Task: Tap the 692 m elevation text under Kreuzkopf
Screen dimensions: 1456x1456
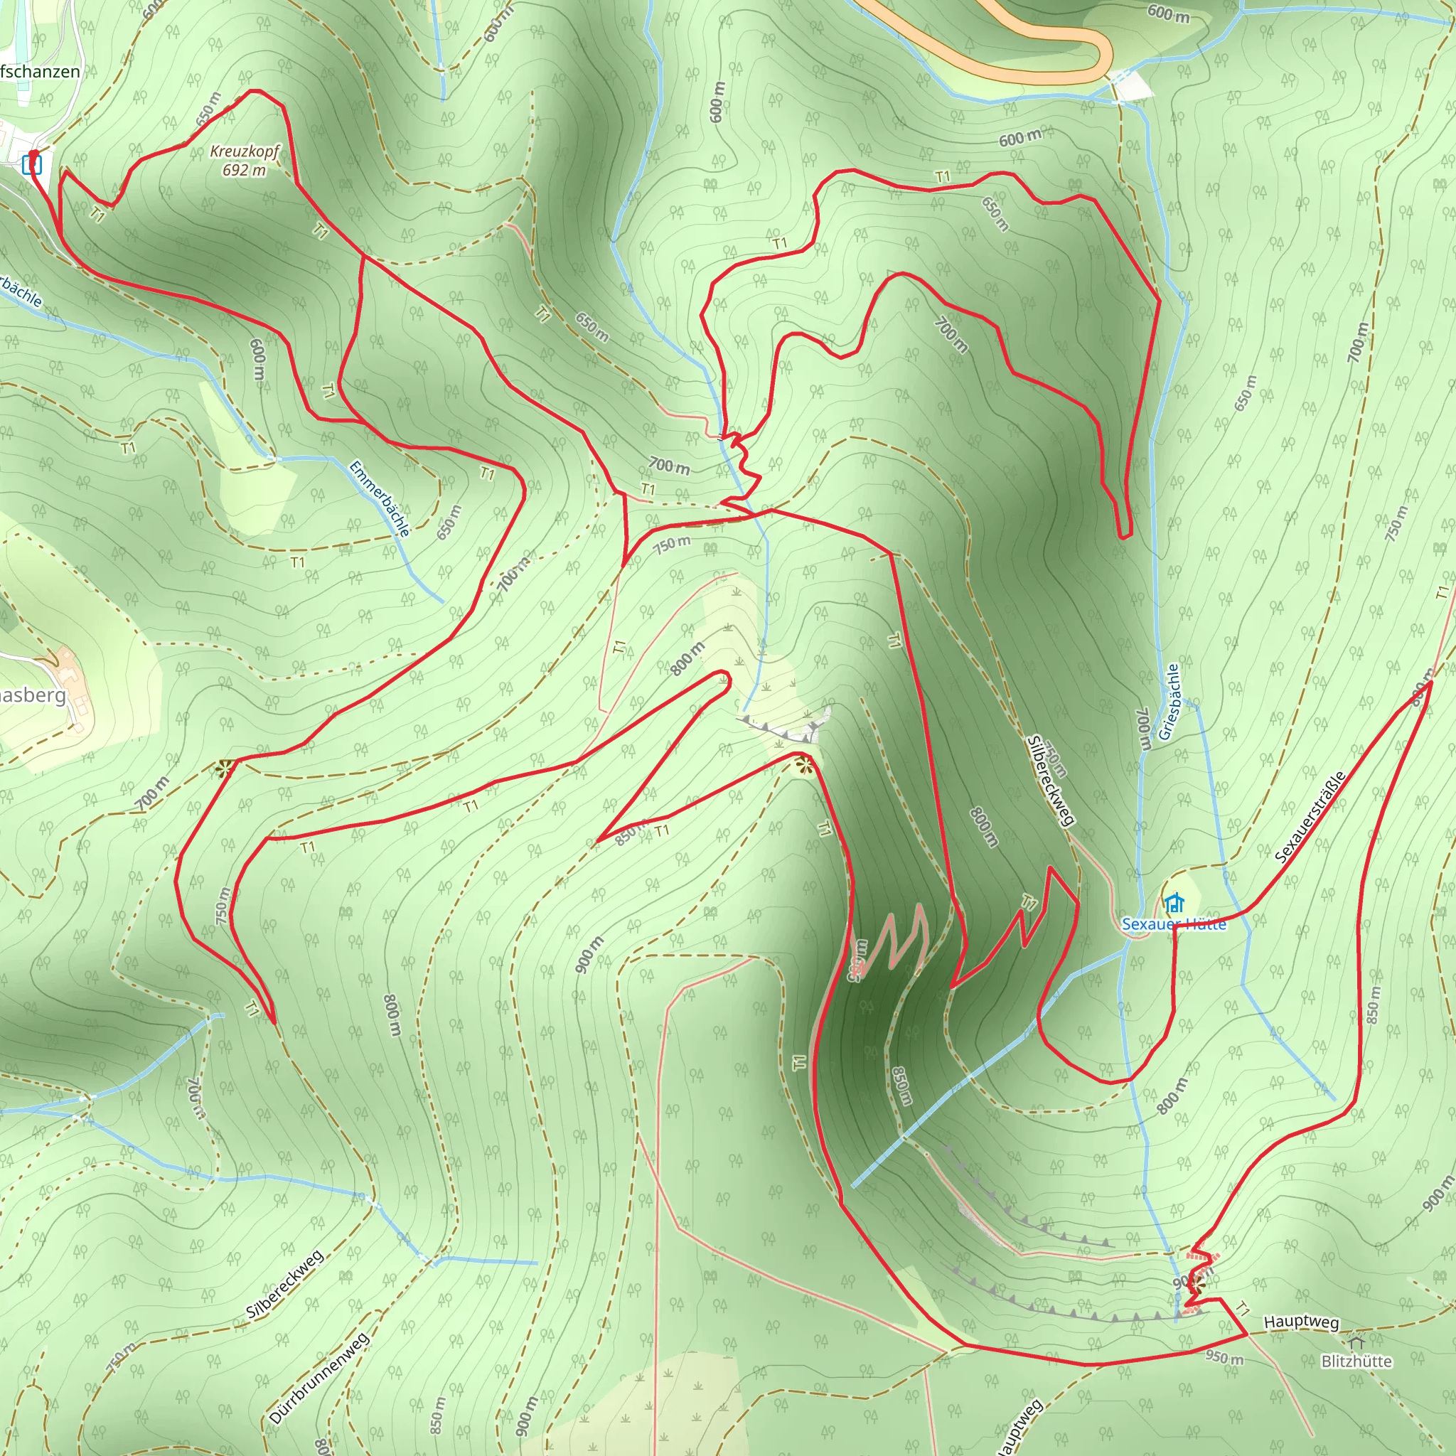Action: pos(244,171)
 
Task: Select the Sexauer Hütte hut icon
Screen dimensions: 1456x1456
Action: pos(1173,902)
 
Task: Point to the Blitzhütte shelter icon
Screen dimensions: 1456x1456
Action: pos(1356,1344)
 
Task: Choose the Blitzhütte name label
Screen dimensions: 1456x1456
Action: pos(1356,1361)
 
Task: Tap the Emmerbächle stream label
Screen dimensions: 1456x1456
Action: pos(380,499)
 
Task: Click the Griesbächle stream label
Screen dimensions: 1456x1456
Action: pos(1169,702)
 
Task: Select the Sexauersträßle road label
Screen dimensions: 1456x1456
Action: pos(1310,817)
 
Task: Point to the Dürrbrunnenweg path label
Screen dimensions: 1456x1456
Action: pos(318,1379)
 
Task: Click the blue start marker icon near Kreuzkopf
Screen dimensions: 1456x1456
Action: pos(32,164)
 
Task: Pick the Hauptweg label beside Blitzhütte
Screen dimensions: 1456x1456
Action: pos(1302,1322)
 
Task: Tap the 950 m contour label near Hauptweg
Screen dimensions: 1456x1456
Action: pos(1224,1357)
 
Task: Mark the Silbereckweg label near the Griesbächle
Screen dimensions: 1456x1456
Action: pos(1050,781)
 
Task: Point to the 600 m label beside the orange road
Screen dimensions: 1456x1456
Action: pos(1168,13)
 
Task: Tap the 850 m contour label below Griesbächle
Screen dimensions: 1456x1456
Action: pos(1373,1005)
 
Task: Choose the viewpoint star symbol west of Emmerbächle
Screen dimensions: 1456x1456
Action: pos(224,769)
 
